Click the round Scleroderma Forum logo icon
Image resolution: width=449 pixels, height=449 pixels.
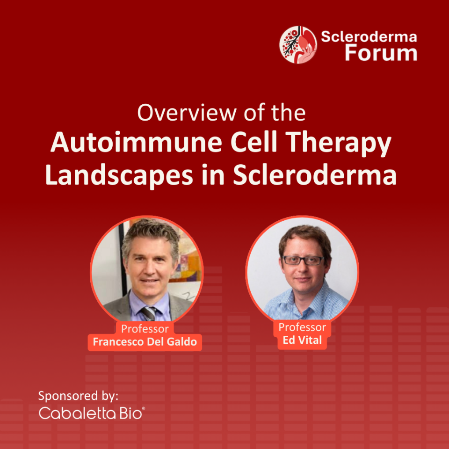click(298, 45)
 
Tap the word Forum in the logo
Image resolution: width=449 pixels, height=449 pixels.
click(381, 52)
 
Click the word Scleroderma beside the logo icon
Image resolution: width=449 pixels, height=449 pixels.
click(369, 36)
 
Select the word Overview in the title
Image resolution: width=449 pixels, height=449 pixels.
click(187, 113)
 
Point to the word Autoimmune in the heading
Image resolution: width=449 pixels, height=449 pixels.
click(136, 142)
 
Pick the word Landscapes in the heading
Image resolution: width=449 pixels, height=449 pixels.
click(119, 175)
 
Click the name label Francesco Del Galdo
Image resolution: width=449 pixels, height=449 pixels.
click(145, 341)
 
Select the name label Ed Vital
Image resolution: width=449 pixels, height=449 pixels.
click(303, 340)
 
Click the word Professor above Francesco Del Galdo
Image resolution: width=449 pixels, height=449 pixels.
click(145, 329)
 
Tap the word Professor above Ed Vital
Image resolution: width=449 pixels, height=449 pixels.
click(303, 327)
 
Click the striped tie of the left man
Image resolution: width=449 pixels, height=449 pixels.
click(148, 313)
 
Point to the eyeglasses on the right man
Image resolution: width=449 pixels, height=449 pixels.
click(304, 261)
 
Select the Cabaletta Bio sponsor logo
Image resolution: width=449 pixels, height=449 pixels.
click(92, 413)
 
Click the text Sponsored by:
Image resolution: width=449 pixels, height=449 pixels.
click(78, 396)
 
